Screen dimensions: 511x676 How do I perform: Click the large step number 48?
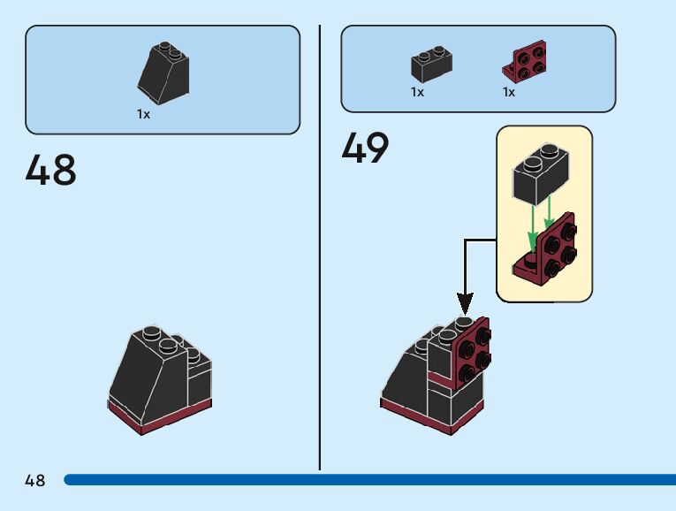coord(51,170)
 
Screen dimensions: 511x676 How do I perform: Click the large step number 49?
coord(365,148)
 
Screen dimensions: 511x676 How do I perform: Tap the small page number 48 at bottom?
coord(35,481)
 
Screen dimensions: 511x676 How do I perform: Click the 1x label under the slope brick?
coord(143,115)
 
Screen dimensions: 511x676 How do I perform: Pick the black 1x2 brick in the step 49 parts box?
coord(432,65)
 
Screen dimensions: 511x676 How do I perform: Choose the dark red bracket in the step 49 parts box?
coord(526,62)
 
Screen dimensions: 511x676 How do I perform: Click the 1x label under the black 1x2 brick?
coord(417,92)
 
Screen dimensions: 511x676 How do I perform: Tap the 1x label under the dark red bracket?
coord(509,92)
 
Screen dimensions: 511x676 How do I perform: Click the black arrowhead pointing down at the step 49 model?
coord(465,305)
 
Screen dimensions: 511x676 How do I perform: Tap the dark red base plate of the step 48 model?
coord(159,416)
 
